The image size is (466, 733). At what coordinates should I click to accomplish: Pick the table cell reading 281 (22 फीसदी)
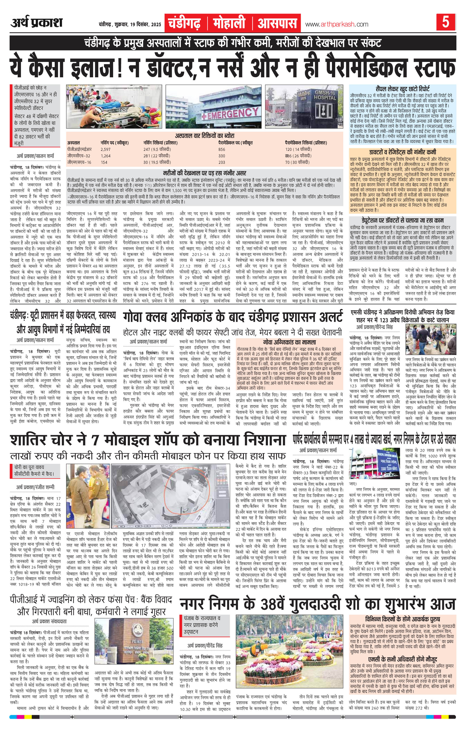(x=157, y=156)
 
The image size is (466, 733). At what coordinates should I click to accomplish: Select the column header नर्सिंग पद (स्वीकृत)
(x=115, y=143)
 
